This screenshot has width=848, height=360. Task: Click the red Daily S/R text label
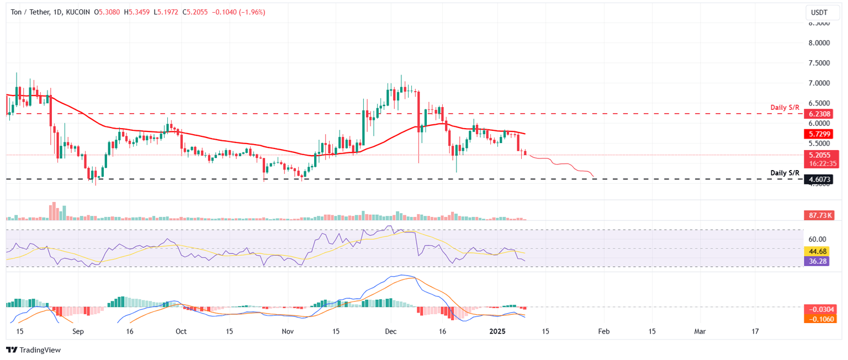(x=785, y=105)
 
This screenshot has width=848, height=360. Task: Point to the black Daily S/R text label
(x=785, y=173)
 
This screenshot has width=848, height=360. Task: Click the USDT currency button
(x=819, y=12)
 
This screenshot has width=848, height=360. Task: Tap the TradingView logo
(x=33, y=350)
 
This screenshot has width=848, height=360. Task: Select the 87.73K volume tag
(x=819, y=215)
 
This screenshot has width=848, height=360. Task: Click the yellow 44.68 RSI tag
(x=819, y=252)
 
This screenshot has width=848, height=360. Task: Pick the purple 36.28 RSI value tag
(x=819, y=261)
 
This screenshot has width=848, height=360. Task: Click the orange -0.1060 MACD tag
(x=819, y=319)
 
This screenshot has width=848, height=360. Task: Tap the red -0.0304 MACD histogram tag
(x=819, y=309)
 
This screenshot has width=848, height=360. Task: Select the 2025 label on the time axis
(x=497, y=332)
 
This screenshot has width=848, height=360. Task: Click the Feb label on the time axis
(x=604, y=332)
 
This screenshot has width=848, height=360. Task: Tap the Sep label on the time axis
(x=78, y=332)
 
